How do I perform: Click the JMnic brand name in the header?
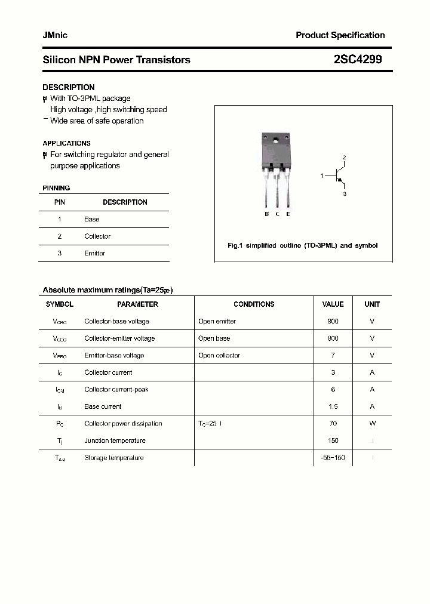coord(55,35)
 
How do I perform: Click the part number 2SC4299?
coord(358,60)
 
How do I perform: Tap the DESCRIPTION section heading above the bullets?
coord(68,87)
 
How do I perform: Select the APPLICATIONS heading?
coord(66,143)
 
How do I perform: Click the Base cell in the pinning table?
coord(91,219)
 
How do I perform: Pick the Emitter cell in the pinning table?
coord(94,253)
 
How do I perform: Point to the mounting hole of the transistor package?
coord(275,141)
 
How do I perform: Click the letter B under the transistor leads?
coord(267,214)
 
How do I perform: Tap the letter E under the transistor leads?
coord(288,214)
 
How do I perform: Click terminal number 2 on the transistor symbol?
coord(344,157)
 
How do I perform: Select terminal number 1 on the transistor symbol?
coord(322,176)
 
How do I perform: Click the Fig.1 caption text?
coord(303,245)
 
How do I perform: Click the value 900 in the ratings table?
coord(333,321)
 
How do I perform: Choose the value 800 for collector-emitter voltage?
coord(333,338)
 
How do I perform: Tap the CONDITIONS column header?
coord(254,304)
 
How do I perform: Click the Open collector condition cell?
coord(219,355)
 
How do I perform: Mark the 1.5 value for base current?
coord(333,406)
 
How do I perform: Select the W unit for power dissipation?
coord(372,423)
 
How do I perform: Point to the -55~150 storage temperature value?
coord(333,458)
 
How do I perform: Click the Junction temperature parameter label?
coord(115,440)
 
